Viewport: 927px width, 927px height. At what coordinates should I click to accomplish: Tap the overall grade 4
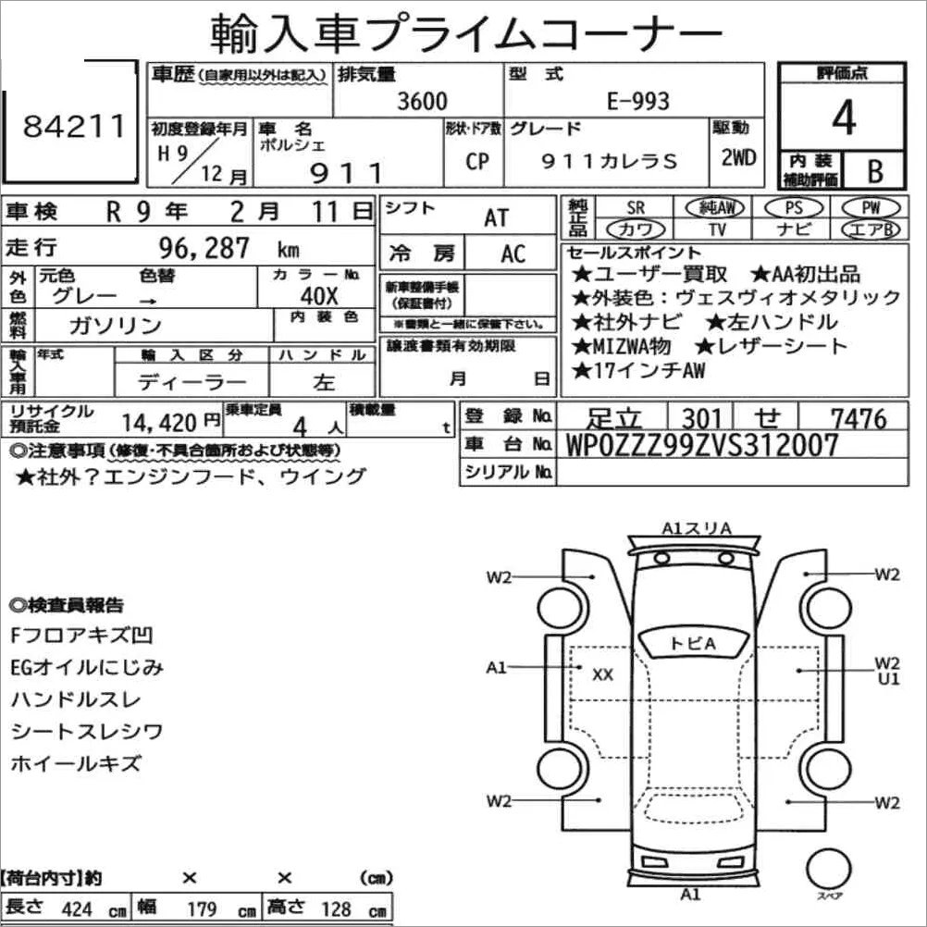pos(842,118)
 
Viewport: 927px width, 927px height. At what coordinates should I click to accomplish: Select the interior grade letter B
pos(873,170)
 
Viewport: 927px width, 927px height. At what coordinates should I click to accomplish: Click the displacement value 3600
pos(421,101)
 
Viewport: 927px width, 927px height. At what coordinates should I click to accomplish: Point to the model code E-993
pos(638,101)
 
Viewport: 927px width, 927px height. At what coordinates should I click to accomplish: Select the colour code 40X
pos(319,297)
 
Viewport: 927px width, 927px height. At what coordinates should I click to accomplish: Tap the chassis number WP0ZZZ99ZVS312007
pos(703,446)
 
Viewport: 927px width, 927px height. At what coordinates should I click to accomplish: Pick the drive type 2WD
pos(738,157)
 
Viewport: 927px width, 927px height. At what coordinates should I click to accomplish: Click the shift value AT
pos(497,217)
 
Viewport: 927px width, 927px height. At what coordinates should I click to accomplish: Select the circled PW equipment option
pos(870,207)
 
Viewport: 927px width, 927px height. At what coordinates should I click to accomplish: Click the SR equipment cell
pos(635,207)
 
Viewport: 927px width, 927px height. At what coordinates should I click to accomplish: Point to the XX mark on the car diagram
pos(602,675)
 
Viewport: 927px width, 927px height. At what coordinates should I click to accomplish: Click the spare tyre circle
pos(828,870)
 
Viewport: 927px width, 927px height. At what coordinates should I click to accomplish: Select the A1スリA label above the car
pos(697,528)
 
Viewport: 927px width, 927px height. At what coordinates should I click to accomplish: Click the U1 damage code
pos(889,679)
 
